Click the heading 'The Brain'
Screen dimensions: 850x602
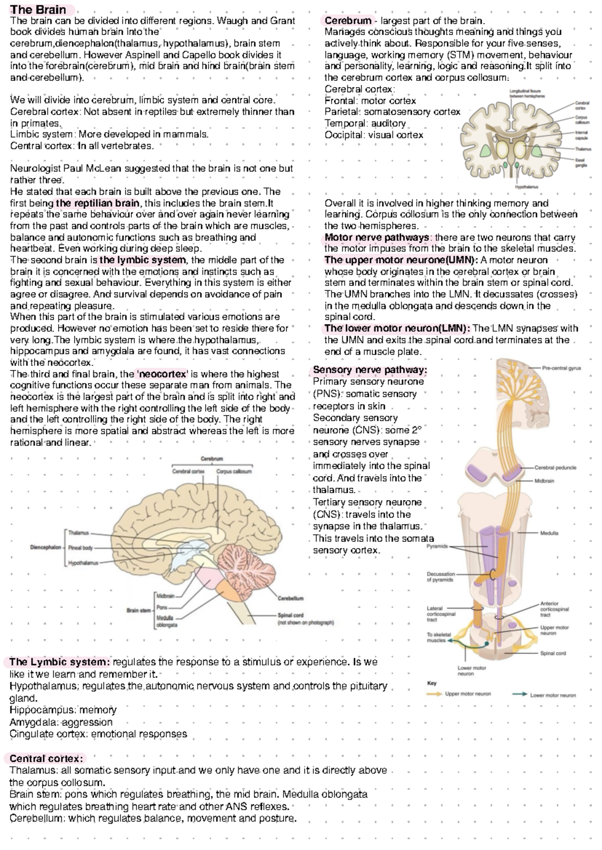click(x=38, y=10)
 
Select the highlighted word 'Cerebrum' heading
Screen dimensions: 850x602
click(x=348, y=21)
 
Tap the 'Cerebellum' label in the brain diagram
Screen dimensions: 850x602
click(x=290, y=598)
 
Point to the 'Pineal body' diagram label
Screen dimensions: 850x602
click(x=80, y=548)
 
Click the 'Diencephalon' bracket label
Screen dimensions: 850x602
click(x=46, y=548)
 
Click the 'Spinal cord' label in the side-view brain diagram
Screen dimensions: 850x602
click(x=290, y=615)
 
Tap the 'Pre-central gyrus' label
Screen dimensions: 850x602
click(x=561, y=368)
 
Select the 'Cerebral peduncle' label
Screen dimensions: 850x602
click(x=555, y=467)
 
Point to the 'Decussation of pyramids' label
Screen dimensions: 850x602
click(x=440, y=576)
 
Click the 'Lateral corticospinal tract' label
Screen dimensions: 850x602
click(x=441, y=614)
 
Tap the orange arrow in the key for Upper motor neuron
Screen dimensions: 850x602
click(x=434, y=694)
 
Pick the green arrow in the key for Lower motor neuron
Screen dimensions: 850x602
click(x=520, y=695)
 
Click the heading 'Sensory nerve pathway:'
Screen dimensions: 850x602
click(x=370, y=370)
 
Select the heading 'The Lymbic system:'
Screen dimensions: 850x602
click(x=59, y=662)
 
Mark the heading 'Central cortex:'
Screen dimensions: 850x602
click(x=46, y=758)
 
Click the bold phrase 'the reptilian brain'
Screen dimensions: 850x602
click(x=98, y=203)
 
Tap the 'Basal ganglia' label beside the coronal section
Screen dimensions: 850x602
click(x=581, y=162)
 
